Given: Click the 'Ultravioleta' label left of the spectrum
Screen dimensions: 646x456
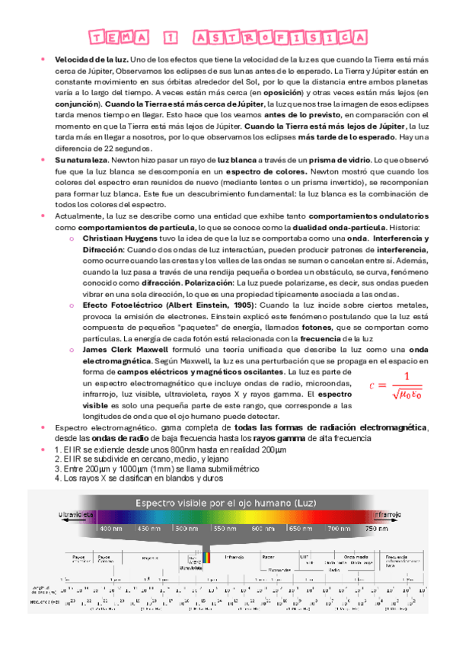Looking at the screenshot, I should (x=76, y=515).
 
